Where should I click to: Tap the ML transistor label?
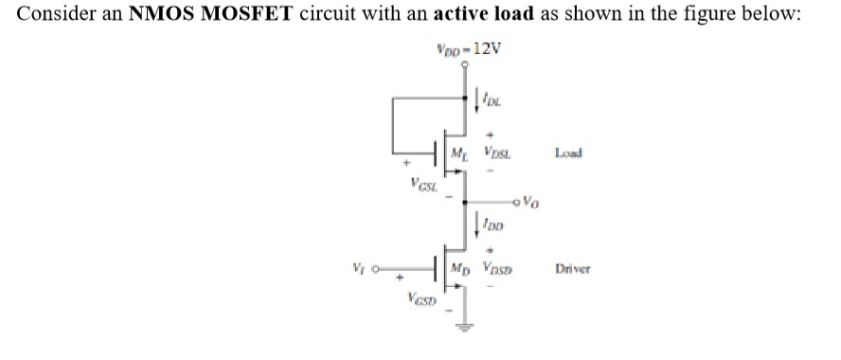[x=461, y=153]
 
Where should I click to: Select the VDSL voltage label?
[x=497, y=153]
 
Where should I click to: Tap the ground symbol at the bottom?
[x=464, y=330]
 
